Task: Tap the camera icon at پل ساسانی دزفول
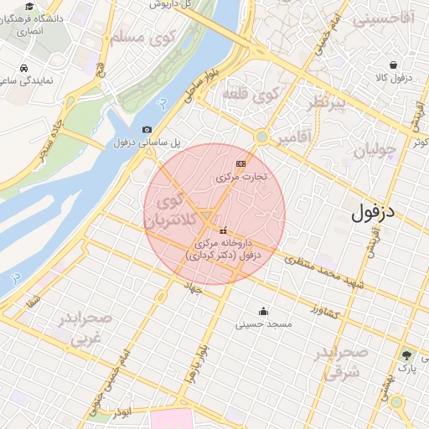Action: click(147, 130)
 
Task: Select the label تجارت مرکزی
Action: click(240, 177)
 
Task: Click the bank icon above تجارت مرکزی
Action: click(241, 163)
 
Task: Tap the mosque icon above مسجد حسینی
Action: click(263, 311)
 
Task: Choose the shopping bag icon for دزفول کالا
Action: click(393, 65)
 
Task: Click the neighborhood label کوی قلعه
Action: click(250, 95)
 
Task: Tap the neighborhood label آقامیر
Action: click(294, 137)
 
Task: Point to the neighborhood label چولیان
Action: click(374, 152)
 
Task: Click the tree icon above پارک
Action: click(406, 355)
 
